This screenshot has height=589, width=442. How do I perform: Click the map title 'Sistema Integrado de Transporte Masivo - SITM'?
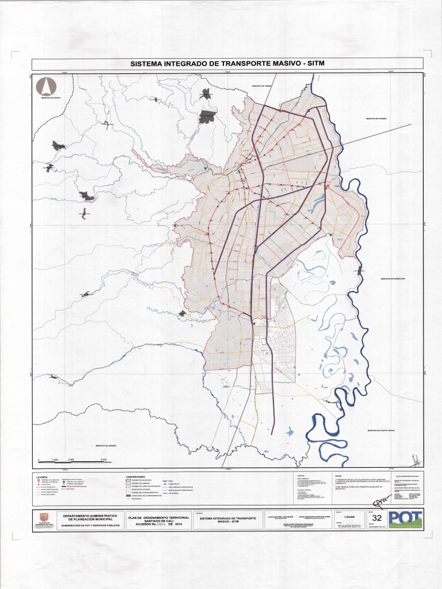[x=228, y=63]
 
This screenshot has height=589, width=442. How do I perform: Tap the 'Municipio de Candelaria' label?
[x=394, y=279]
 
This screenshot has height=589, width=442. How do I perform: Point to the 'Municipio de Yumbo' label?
[x=261, y=86]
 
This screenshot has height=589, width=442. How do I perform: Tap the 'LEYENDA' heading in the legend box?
[x=42, y=477]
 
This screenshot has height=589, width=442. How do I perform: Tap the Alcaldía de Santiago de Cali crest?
[x=44, y=518]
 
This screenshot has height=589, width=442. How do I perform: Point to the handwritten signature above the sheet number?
[x=379, y=503]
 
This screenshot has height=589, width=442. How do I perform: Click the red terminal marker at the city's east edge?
[x=327, y=185]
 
